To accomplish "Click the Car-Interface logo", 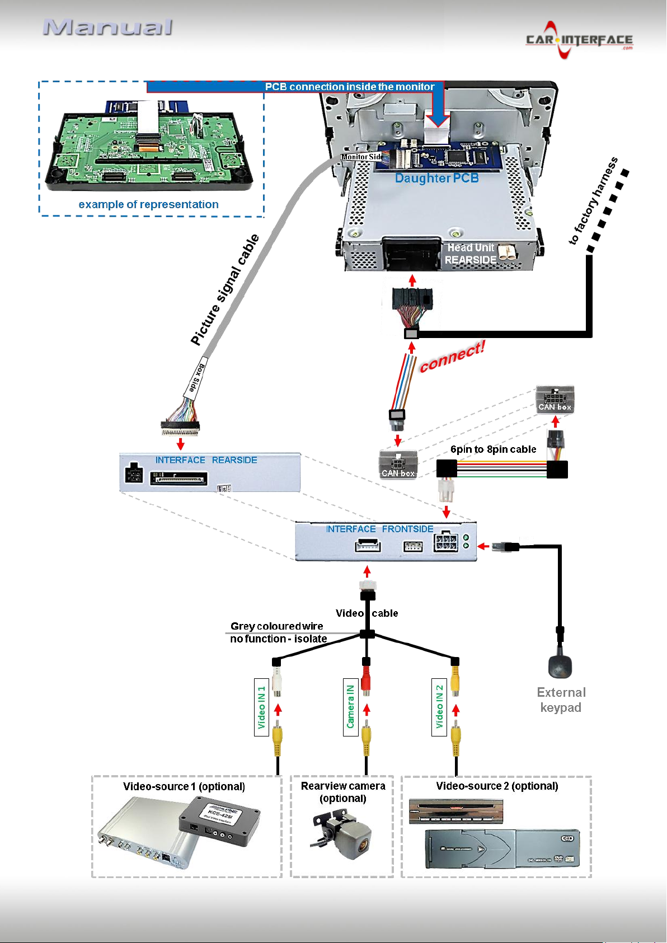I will point(579,40).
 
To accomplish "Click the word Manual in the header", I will point(107,27).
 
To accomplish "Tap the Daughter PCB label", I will point(436,179).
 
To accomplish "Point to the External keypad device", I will point(560,665).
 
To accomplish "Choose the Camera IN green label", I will point(350,707).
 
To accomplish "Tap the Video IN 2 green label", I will point(439,707).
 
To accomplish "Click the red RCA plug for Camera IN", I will point(366,679).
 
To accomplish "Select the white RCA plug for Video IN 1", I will point(277,681).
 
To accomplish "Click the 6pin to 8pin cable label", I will point(493,449).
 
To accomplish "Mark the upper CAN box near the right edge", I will point(555,399).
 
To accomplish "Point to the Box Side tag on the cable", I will point(197,378).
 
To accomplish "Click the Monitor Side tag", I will point(361,157).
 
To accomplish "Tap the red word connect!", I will point(452,357).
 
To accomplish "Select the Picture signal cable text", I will point(225,290).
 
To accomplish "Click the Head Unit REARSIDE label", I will point(471,254).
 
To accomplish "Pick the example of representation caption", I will point(148,204).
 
